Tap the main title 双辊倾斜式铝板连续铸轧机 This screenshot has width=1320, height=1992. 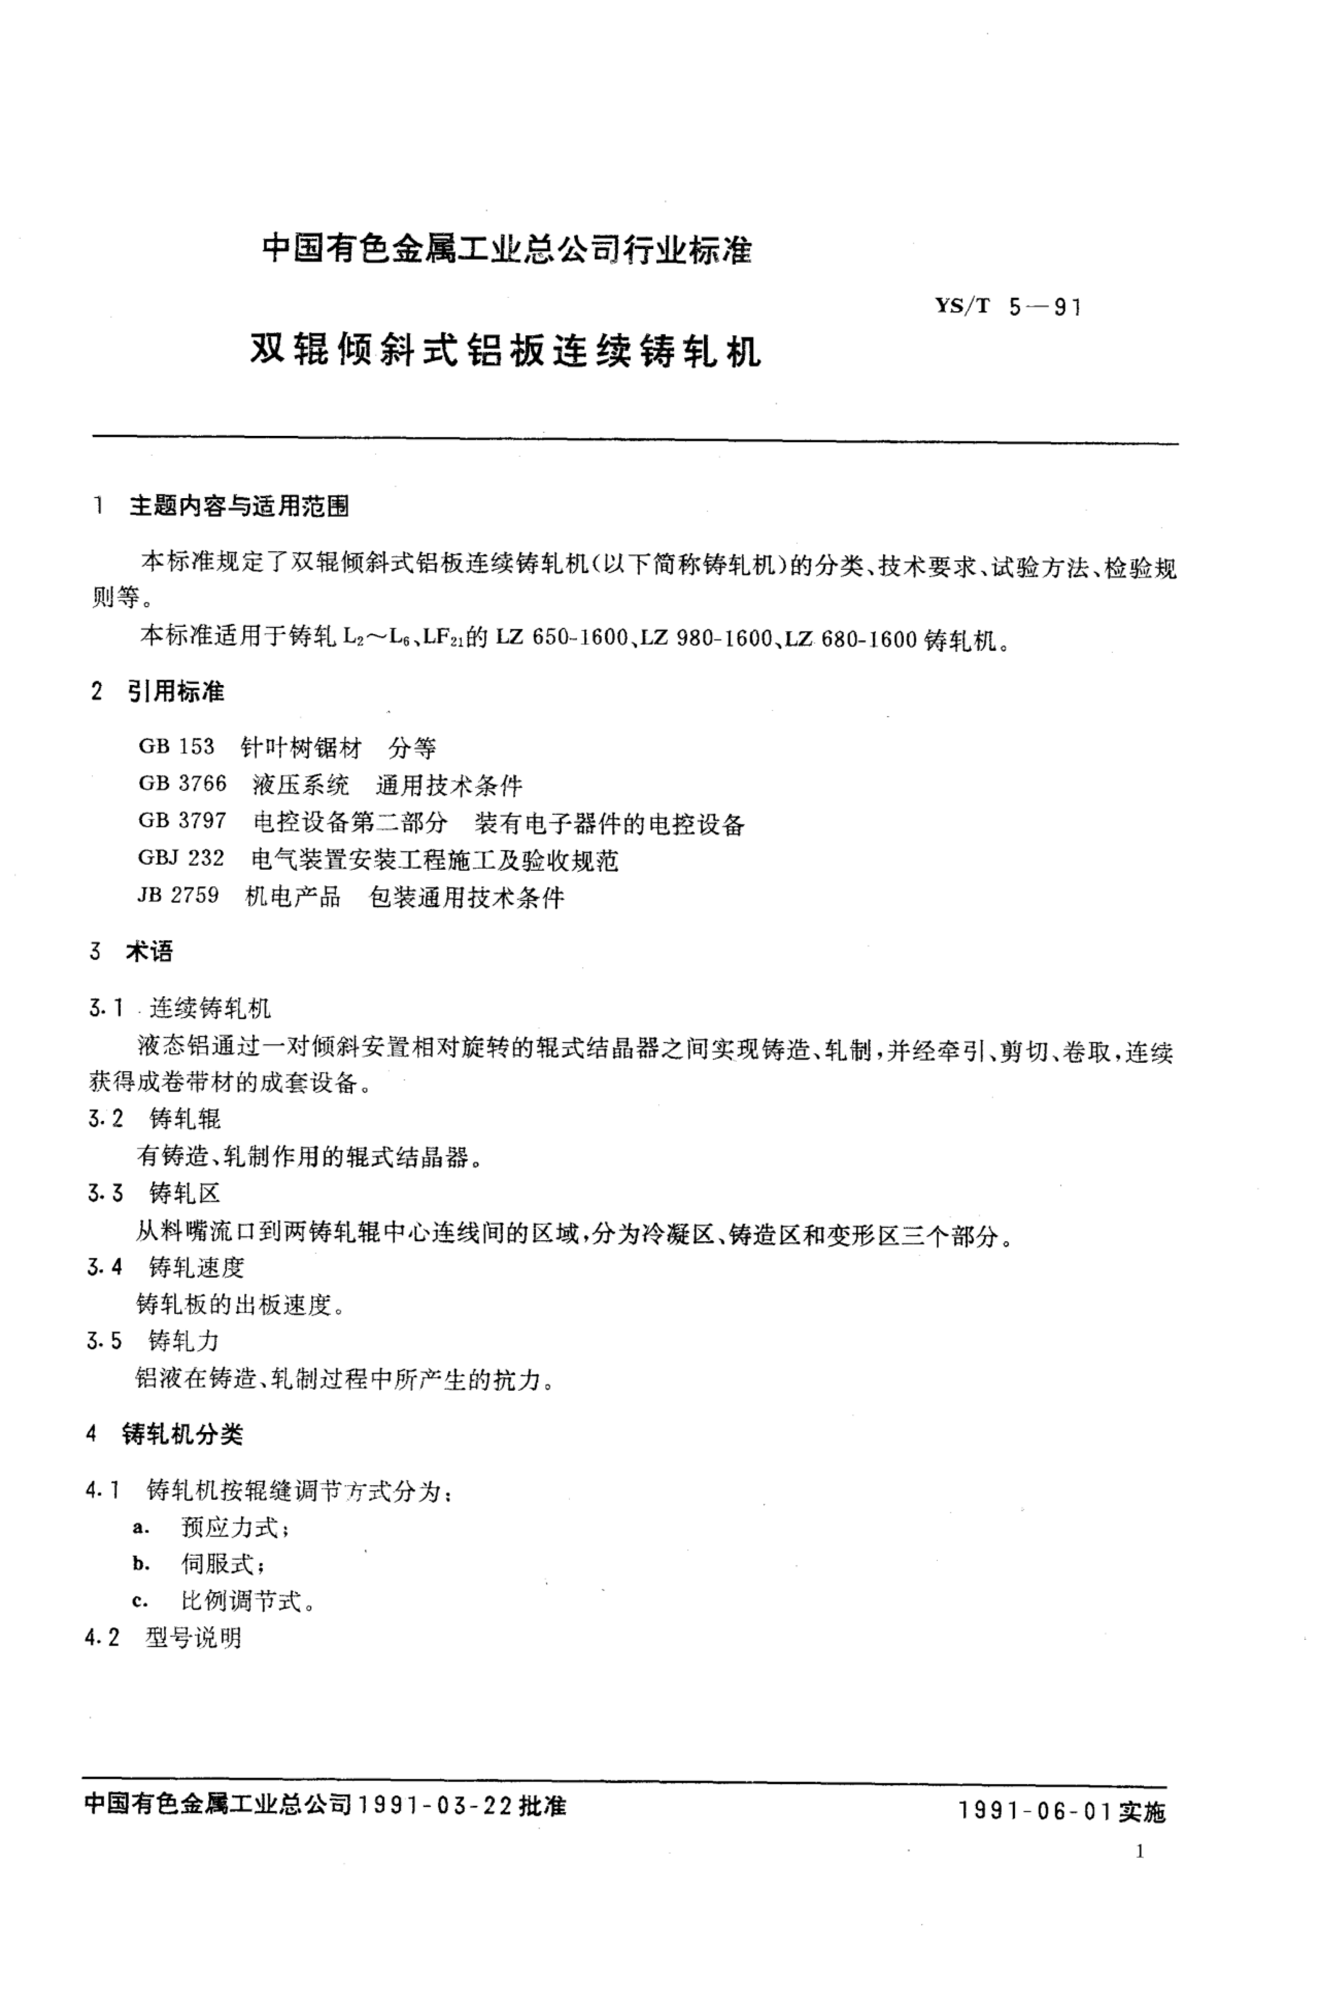click(x=505, y=350)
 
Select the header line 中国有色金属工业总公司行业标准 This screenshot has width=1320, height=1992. click(x=507, y=249)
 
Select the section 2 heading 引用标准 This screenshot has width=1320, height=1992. click(x=176, y=692)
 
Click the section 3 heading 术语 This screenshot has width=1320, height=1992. click(x=149, y=951)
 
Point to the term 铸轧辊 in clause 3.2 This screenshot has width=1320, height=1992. click(x=185, y=1118)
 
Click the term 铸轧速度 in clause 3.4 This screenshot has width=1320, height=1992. click(x=196, y=1267)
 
